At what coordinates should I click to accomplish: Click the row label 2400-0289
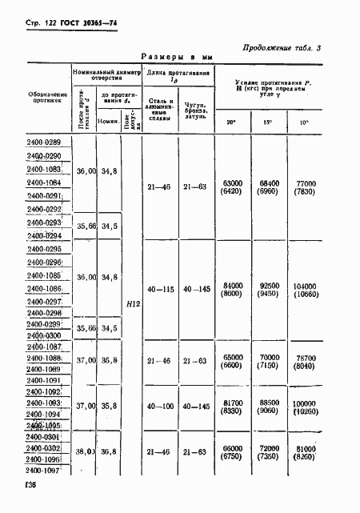coord(49,142)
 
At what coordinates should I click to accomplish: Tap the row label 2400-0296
coord(49,263)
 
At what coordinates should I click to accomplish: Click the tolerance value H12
coord(132,303)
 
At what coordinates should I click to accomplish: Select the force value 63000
coord(232,183)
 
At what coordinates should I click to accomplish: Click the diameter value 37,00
coord(84,362)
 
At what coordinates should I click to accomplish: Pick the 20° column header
coord(232,122)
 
